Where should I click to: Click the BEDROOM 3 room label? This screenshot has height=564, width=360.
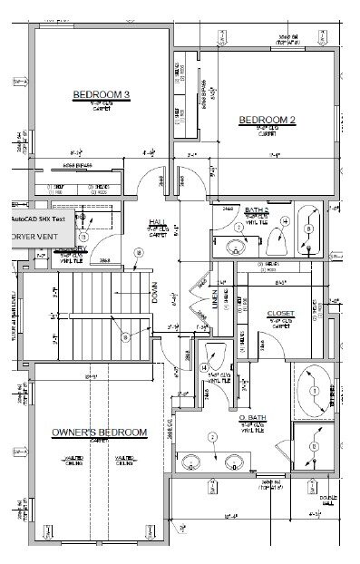click(x=102, y=94)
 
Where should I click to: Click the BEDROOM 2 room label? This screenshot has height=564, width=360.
click(x=268, y=120)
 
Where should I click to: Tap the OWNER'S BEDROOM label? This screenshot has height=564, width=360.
click(x=100, y=433)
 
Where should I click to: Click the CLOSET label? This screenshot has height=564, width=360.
click(x=281, y=314)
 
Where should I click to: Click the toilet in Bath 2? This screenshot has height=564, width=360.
click(x=277, y=238)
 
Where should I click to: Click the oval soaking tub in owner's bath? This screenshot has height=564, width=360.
click(x=315, y=388)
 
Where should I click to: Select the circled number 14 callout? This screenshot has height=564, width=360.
click(x=204, y=366)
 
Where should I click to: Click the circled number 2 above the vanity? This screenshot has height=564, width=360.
click(x=213, y=436)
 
